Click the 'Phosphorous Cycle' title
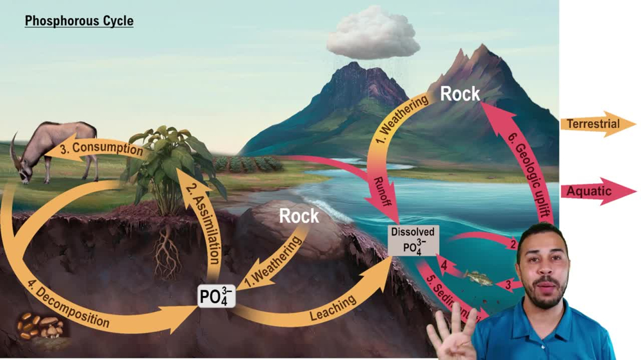pos(79,21)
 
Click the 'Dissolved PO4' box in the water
pos(413,240)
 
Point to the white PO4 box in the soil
pos(217,297)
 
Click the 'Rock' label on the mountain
pos(460,94)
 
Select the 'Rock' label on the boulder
pos(299,216)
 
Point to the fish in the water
pos(478,278)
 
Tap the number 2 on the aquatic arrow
pos(513,244)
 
